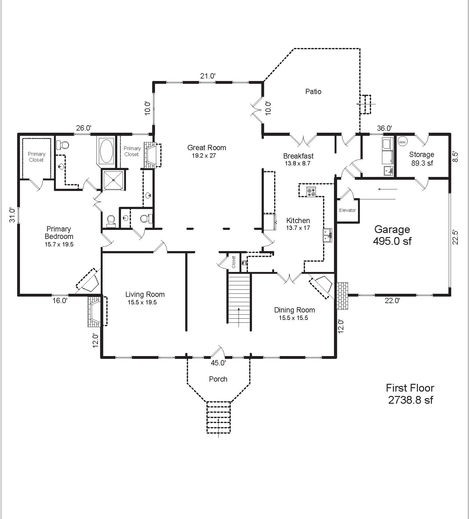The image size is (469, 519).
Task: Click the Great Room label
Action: tap(206, 148)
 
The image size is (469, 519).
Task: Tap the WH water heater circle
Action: tap(403, 142)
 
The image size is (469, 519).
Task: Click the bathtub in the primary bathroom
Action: tap(106, 151)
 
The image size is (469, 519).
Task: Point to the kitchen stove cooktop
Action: tap(311, 192)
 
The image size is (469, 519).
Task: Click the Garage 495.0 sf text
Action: tap(392, 235)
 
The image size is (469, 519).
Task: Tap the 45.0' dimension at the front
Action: tap(218, 363)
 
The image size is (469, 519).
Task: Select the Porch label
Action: tap(218, 379)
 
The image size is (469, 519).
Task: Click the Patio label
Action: tap(313, 92)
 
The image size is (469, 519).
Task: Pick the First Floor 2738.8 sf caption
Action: tap(410, 394)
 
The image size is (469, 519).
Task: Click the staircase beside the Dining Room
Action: tap(239, 298)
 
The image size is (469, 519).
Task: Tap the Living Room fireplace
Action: tap(97, 311)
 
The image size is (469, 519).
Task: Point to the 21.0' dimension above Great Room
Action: tap(208, 76)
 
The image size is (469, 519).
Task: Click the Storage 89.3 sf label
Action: tap(422, 159)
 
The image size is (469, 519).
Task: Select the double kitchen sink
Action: tap(327, 235)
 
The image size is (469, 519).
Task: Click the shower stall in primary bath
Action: tap(114, 179)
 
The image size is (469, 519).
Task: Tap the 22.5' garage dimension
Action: tap(455, 237)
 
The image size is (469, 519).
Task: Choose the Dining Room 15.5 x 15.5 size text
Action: tap(293, 318)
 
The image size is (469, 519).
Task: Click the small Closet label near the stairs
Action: tap(234, 262)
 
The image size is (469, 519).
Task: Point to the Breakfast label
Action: tap(298, 156)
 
